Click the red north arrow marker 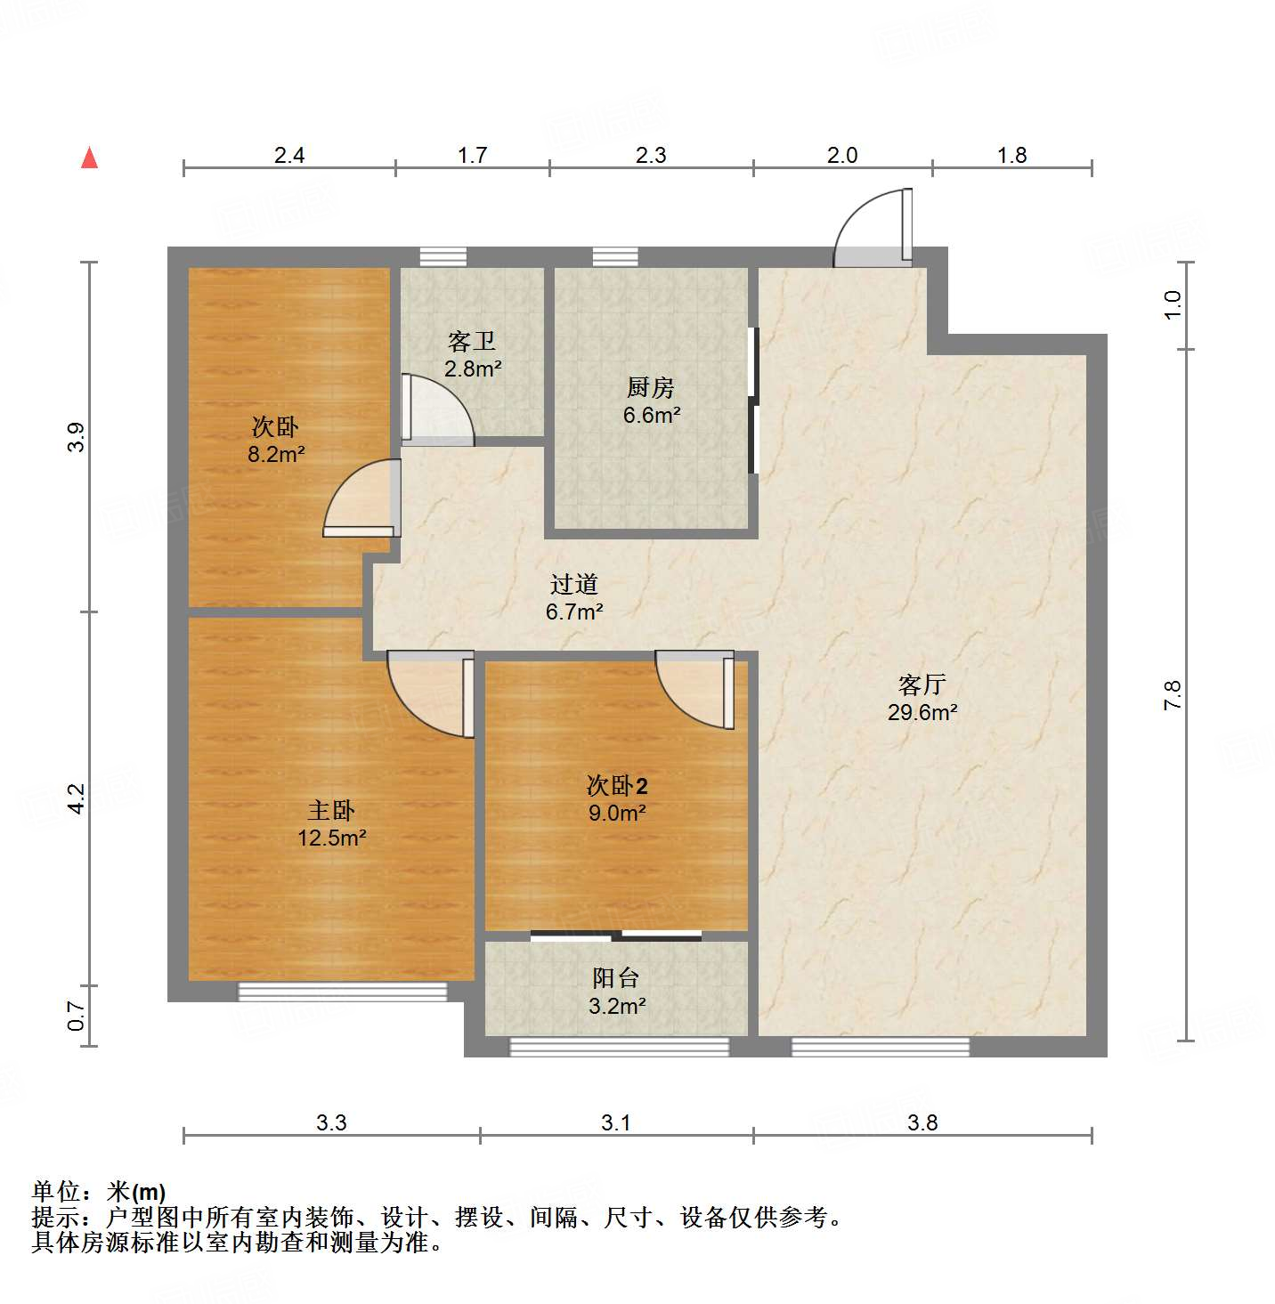point(89,158)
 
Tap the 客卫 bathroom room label point(472,341)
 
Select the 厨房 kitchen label point(651,388)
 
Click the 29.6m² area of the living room point(922,712)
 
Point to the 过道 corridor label point(574,585)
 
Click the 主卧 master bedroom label point(331,810)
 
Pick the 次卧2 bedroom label point(616,785)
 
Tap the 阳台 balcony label point(615,978)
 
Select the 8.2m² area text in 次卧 point(276,454)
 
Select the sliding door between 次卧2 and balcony point(616,935)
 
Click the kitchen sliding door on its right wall point(753,401)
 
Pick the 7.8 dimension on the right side point(1173,694)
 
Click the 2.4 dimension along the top point(289,156)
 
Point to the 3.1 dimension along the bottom point(615,1122)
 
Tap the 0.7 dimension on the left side point(77,1016)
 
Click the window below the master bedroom point(343,992)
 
